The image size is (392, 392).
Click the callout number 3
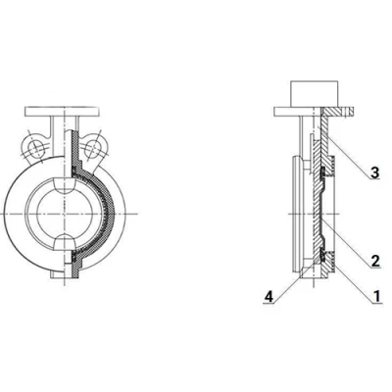pyautogui.click(x=374, y=172)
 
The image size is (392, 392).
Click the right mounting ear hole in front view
pyautogui.click(x=95, y=149)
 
